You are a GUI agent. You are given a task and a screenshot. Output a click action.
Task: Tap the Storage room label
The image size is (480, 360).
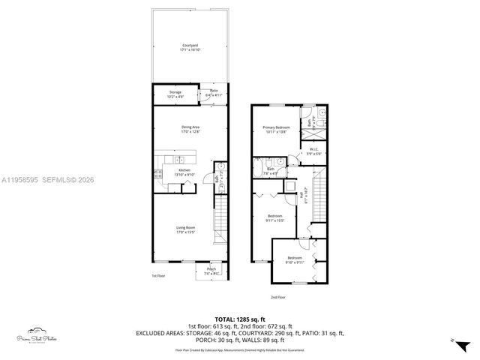click(175, 94)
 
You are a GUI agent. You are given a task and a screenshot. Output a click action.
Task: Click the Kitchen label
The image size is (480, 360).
click(184, 172)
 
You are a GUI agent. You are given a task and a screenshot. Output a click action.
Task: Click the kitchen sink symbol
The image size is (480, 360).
click(181, 160)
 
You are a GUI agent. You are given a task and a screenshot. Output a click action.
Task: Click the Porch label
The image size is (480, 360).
click(211, 270)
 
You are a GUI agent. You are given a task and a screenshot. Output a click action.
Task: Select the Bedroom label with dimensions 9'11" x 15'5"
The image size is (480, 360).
click(274, 217)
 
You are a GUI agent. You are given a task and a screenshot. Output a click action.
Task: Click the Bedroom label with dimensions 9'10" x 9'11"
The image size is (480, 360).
click(294, 259)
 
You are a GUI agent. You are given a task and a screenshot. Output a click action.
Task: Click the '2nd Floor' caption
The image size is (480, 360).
click(278, 297)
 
